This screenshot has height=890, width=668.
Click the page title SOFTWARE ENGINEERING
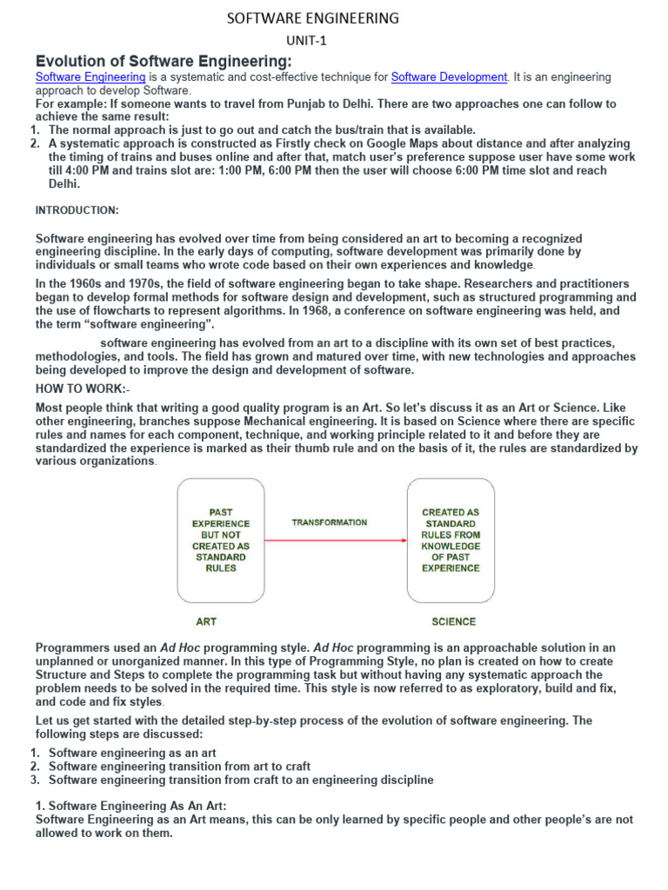(x=312, y=17)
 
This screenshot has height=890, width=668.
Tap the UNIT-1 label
(x=308, y=41)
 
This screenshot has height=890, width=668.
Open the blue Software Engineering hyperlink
(x=90, y=77)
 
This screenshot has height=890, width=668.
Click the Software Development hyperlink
(x=449, y=77)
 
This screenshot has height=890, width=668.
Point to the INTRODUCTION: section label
(x=77, y=210)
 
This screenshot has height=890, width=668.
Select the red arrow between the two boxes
(x=336, y=541)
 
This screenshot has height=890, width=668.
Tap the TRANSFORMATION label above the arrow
(x=329, y=522)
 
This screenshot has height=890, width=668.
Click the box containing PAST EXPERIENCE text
(x=220, y=541)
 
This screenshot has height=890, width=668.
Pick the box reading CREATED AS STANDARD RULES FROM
(x=451, y=541)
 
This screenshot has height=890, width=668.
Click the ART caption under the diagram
(x=206, y=621)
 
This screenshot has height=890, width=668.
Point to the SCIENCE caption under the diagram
(x=453, y=621)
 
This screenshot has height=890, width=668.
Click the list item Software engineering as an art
(x=132, y=753)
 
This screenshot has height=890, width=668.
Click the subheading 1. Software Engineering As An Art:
(x=130, y=806)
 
